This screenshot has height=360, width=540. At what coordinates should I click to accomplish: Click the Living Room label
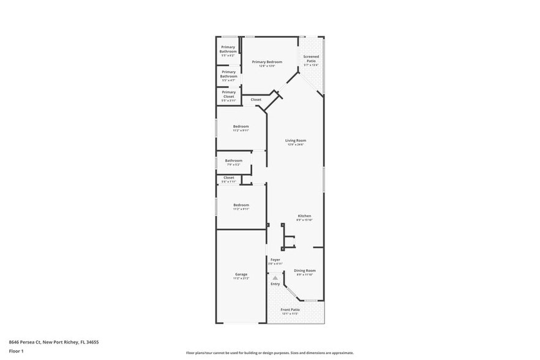tap(295, 141)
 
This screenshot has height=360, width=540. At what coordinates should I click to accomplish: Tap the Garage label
tap(241, 274)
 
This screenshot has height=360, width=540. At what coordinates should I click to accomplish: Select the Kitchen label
tap(304, 216)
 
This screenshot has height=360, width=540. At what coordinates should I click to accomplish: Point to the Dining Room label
tap(304, 270)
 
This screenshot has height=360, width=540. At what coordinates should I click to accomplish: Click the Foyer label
tap(276, 260)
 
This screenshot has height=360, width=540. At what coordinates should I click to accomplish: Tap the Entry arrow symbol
tap(276, 277)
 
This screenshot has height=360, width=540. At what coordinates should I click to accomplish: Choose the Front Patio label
tap(290, 309)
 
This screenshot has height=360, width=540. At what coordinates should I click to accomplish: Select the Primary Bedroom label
tap(267, 62)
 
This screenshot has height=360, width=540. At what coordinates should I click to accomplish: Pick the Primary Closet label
tap(228, 94)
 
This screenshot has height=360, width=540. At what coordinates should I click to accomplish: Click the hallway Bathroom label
tap(233, 160)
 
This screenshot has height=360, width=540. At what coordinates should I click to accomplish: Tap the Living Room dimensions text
tap(295, 145)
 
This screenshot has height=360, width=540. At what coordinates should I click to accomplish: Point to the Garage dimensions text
tap(241, 279)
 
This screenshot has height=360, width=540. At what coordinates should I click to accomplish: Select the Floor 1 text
tap(16, 351)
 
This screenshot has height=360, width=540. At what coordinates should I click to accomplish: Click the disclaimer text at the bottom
tap(269, 353)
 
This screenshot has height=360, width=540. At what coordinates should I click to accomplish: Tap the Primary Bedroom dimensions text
tap(267, 66)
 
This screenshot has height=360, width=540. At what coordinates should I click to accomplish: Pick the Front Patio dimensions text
tap(290, 313)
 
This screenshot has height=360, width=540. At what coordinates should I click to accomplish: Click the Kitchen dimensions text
tap(304, 220)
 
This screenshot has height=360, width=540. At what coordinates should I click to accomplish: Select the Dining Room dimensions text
tap(304, 275)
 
